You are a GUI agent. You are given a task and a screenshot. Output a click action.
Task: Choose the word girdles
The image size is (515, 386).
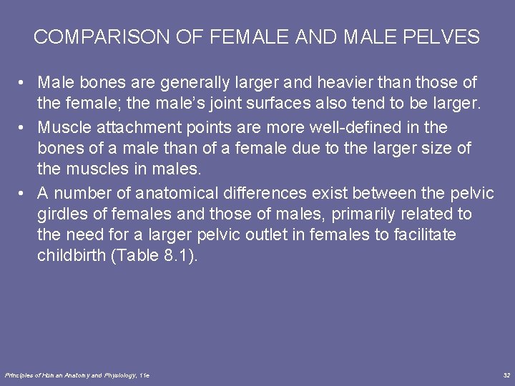pyautogui.click(x=62, y=214)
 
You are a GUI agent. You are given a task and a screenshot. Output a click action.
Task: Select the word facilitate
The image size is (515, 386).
pyautogui.click(x=425, y=235)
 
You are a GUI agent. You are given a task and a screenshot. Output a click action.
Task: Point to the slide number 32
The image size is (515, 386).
pyautogui.click(x=506, y=375)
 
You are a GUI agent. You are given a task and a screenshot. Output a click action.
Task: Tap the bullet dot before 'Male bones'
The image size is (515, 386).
pyautogui.click(x=24, y=84)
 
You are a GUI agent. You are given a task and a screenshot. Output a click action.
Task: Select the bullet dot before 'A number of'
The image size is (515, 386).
pyautogui.click(x=24, y=193)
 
